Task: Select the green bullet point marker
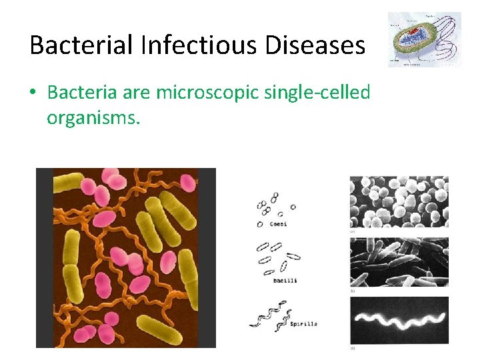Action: pyautogui.click(x=33, y=93)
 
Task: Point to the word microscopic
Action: pyautogui.click(x=203, y=93)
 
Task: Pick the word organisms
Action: pyautogui.click(x=93, y=118)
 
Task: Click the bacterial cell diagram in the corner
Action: pyautogui.click(x=424, y=39)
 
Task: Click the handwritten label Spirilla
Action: pyautogui.click(x=303, y=324)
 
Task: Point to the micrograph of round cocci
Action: pyautogui.click(x=399, y=203)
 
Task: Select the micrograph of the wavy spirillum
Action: pyautogui.click(x=399, y=320)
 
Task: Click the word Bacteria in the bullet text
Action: pyautogui.click(x=75, y=93)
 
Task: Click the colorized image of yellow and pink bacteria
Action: pyautogui.click(x=125, y=257)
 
